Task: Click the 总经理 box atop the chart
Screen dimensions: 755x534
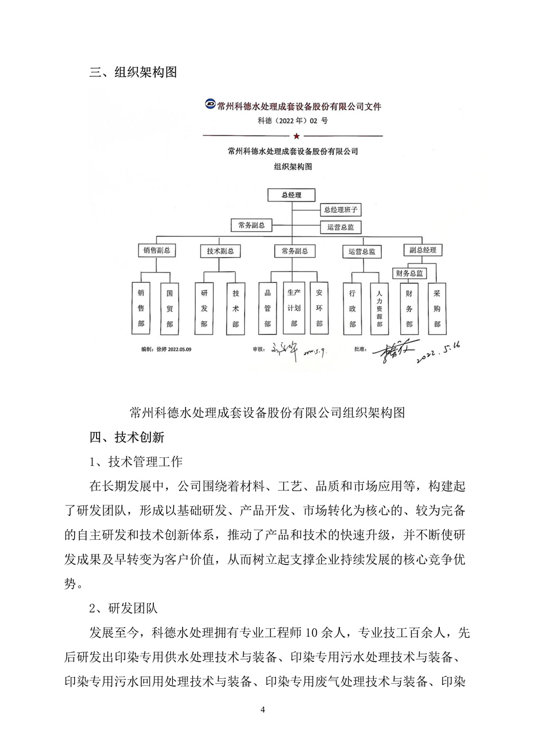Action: coord(292,195)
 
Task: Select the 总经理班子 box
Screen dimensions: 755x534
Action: coord(340,210)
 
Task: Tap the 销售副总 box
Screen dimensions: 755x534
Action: coord(157,250)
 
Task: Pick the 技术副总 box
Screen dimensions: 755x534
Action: coord(220,251)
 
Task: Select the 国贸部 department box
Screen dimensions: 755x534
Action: coord(169,308)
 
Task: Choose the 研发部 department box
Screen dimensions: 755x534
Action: coord(204,308)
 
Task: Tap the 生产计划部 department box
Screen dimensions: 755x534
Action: coord(293,308)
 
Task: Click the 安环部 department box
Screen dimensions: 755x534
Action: coord(319,308)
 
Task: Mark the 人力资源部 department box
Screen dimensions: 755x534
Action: coord(379,308)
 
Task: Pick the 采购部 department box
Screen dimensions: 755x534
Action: coord(437,308)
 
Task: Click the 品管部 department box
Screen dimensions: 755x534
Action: coord(267,308)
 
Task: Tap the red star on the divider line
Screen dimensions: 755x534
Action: coord(296,136)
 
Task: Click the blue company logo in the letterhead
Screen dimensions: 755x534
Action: coord(210,104)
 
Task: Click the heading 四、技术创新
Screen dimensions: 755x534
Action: coord(127,437)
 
